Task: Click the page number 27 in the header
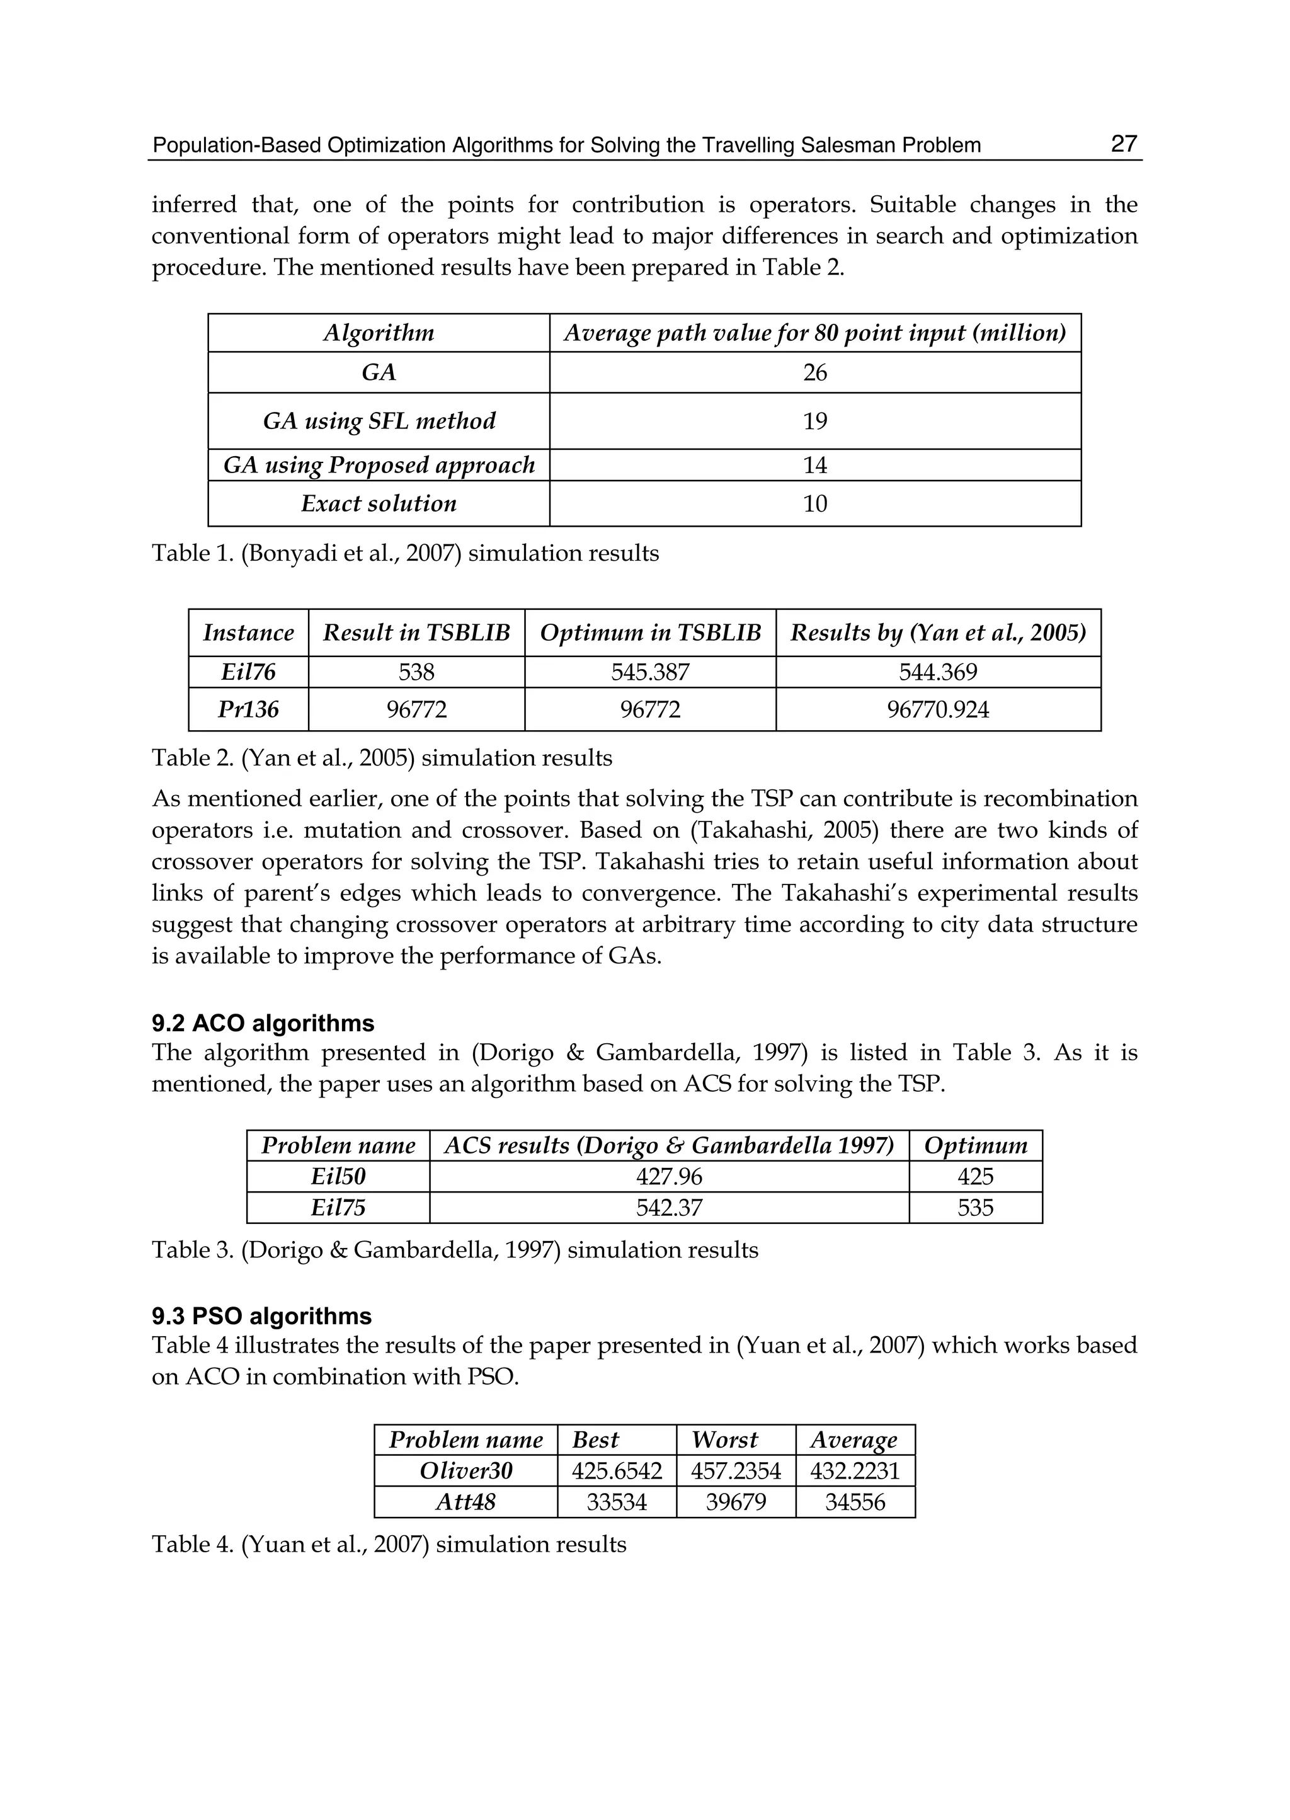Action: (1123, 145)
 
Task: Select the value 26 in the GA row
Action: (814, 372)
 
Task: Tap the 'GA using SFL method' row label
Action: (379, 421)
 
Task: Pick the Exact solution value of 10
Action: (814, 503)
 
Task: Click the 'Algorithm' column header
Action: (379, 333)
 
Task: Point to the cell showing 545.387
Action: (650, 672)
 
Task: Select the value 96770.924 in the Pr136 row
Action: (937, 709)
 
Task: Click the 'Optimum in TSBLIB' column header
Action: (650, 633)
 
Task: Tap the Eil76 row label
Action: (249, 672)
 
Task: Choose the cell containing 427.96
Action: (669, 1177)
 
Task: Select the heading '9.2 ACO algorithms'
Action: (263, 1023)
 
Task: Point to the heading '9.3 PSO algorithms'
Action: (261, 1317)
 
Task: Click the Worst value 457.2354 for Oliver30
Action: (736, 1471)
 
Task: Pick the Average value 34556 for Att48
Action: (855, 1502)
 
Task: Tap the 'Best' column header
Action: (596, 1440)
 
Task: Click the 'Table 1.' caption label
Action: (193, 554)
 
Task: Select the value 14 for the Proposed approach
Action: (814, 466)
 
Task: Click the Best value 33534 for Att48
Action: (617, 1502)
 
